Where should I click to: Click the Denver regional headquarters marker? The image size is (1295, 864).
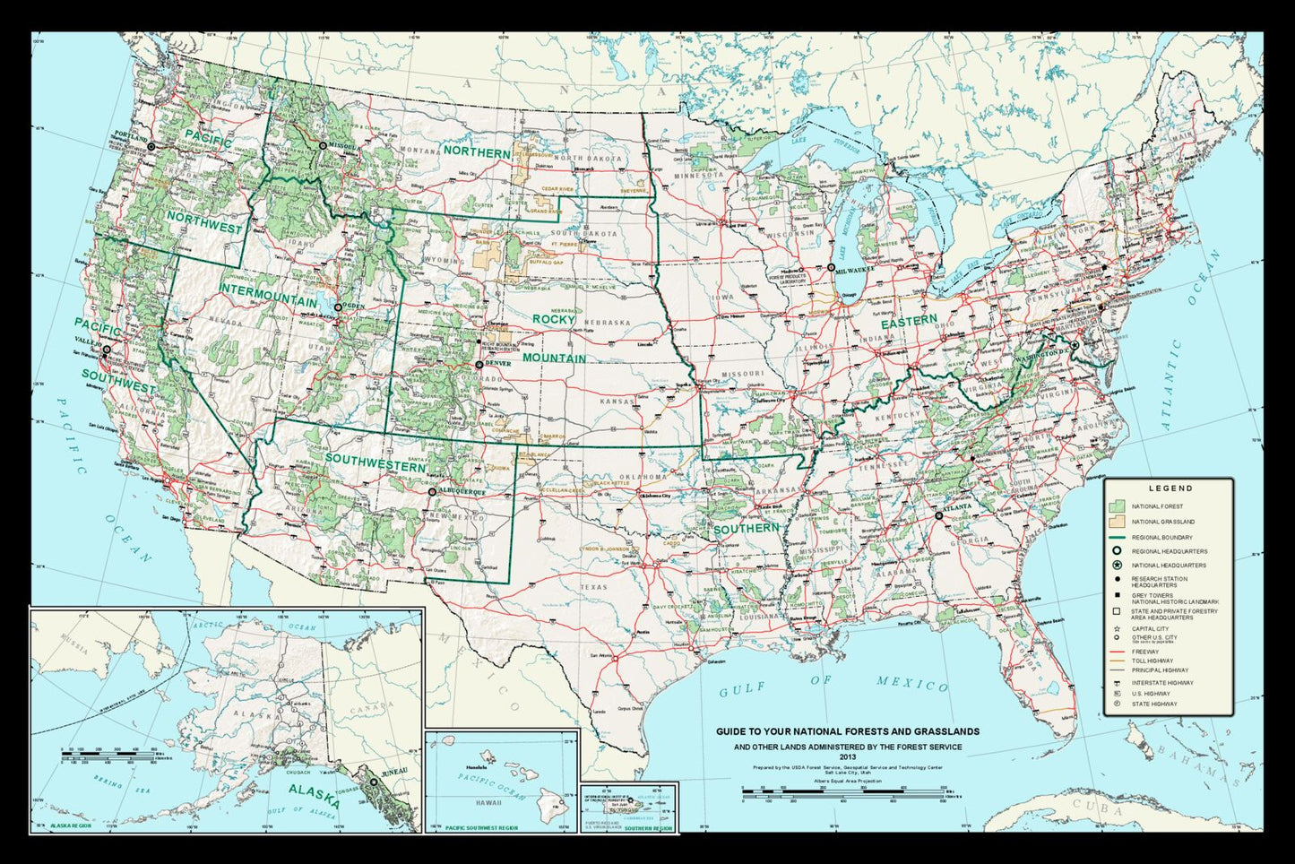(479, 365)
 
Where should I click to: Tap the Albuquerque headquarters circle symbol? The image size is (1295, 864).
(432, 492)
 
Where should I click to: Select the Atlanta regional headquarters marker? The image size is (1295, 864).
(938, 516)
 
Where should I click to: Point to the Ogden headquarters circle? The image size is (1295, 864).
(338, 307)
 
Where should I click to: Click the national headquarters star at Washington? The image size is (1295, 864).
(1075, 344)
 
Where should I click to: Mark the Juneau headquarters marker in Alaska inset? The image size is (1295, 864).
(374, 782)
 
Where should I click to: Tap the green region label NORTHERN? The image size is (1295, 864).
(476, 151)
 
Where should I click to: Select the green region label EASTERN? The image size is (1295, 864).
(908, 323)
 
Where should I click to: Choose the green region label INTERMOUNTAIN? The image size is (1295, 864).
(269, 295)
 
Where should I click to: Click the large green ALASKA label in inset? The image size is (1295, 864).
(314, 795)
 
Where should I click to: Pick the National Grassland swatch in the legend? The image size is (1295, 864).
(1116, 521)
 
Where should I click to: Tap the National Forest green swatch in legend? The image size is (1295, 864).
(1116, 506)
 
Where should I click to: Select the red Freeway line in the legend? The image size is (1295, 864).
(1116, 652)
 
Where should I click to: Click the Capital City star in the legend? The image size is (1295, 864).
(1117, 629)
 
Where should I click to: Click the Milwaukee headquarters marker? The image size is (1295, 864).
(832, 268)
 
